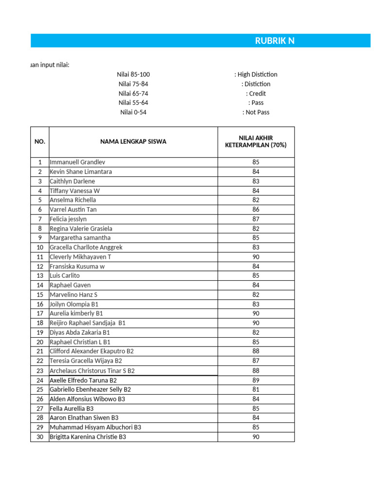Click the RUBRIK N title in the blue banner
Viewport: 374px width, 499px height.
275,40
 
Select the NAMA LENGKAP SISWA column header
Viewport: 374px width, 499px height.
133,142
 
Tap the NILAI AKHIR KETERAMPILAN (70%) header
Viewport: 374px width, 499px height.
256,142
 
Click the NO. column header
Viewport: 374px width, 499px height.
40,142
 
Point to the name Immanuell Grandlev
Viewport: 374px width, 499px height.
77,162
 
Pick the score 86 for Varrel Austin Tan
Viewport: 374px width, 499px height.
256,210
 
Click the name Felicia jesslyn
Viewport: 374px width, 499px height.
68,219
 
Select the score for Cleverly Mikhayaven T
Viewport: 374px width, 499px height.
256,257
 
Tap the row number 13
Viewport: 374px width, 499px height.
40,276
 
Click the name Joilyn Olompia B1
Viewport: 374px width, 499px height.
74,304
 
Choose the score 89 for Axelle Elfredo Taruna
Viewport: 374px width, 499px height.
256,380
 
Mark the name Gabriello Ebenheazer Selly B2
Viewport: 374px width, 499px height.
90,390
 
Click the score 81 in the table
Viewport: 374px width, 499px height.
256,390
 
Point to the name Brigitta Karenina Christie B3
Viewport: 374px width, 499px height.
88,437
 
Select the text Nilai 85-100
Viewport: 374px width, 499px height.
133,75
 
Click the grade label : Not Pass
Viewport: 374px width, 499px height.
256,113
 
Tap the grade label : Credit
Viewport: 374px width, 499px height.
256,94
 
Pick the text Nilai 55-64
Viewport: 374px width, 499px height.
133,103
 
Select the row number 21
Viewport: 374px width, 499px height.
40,351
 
